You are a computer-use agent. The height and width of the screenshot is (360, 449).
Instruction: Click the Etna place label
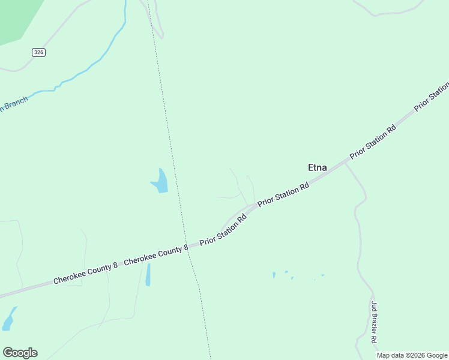pyautogui.click(x=317, y=167)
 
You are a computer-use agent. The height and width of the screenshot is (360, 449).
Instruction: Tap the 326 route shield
pyautogui.click(x=39, y=52)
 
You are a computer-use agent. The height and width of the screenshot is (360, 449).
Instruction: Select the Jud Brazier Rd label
pyautogui.click(x=373, y=322)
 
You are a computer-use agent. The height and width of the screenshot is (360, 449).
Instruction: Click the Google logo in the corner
pyautogui.click(x=20, y=353)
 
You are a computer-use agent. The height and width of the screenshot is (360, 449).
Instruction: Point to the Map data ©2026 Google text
pyautogui.click(x=412, y=355)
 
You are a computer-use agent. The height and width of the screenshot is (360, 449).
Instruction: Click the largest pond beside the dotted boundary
pyautogui.click(x=160, y=181)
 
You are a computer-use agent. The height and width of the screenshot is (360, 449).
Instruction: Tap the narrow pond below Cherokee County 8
pyautogui.click(x=148, y=275)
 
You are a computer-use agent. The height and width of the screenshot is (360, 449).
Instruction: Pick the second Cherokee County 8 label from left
pyautogui.click(x=156, y=255)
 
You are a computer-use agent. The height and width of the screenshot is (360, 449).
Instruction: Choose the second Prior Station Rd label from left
pyautogui.click(x=283, y=196)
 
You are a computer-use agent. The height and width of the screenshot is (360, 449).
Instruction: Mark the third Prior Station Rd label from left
pyautogui.click(x=373, y=142)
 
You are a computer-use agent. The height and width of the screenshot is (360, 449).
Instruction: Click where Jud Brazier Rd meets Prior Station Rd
pyautogui.click(x=346, y=162)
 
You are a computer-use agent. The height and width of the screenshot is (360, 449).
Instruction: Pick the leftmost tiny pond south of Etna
pyautogui.click(x=274, y=275)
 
